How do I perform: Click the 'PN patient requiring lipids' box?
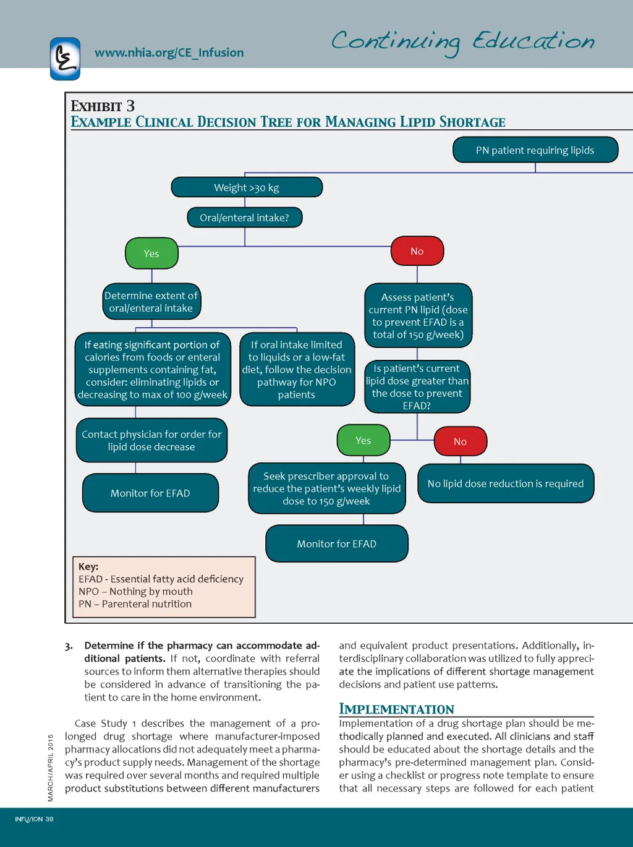pyautogui.click(x=535, y=150)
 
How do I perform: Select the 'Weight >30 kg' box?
pyautogui.click(x=247, y=187)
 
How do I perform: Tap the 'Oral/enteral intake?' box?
pyautogui.click(x=245, y=218)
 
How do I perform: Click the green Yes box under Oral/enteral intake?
pyautogui.click(x=151, y=253)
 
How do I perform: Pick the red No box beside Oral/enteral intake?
pyautogui.click(x=417, y=251)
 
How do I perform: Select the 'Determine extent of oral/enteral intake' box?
pyautogui.click(x=151, y=302)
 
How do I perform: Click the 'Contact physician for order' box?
pyautogui.click(x=151, y=440)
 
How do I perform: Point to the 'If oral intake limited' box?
pyautogui.click(x=297, y=369)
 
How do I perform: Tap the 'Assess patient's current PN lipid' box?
pyautogui.click(x=418, y=315)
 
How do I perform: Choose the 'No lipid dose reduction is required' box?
pyautogui.click(x=506, y=483)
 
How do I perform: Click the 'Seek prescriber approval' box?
pyautogui.click(x=326, y=488)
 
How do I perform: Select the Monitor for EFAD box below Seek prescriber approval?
pyautogui.click(x=337, y=543)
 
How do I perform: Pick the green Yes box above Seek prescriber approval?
pyautogui.click(x=363, y=440)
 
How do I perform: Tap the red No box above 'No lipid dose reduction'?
pyautogui.click(x=461, y=441)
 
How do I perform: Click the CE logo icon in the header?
pyautogui.click(x=65, y=59)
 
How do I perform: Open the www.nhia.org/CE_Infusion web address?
pyautogui.click(x=169, y=53)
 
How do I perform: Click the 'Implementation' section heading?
pyautogui.click(x=396, y=709)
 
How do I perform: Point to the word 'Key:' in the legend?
pyautogui.click(x=88, y=566)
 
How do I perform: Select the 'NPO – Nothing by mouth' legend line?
pyautogui.click(x=135, y=591)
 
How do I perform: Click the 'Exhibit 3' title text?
pyautogui.click(x=103, y=106)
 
